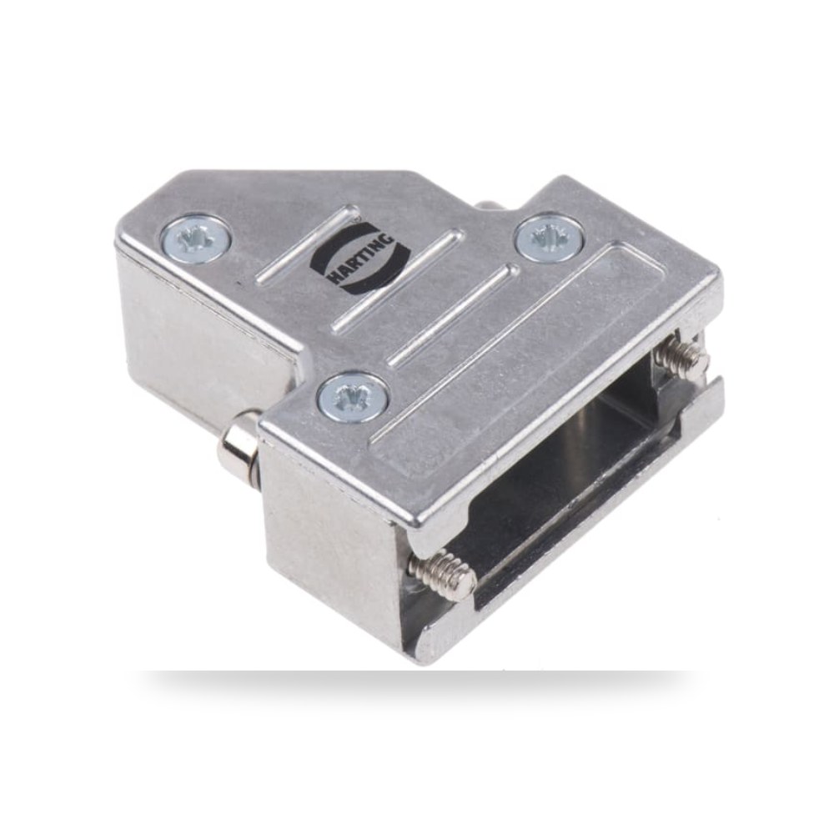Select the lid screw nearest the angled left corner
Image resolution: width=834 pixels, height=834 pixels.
(197, 237)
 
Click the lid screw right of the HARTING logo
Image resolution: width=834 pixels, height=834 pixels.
(550, 236)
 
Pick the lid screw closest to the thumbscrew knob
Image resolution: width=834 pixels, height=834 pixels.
(353, 395)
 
